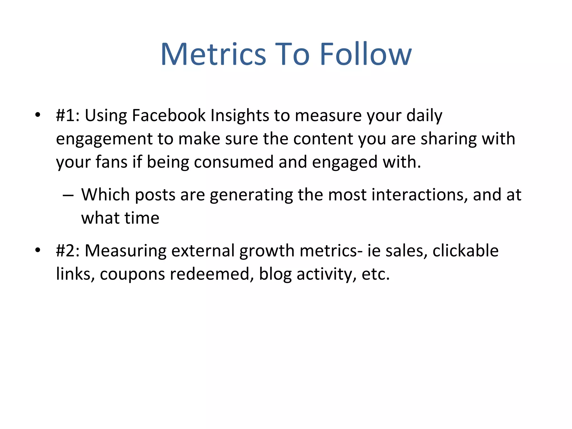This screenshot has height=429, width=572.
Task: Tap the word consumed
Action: click(233, 162)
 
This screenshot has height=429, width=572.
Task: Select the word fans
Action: click(111, 162)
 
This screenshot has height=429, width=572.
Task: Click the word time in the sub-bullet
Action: click(142, 218)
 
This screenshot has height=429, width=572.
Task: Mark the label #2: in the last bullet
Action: click(68, 251)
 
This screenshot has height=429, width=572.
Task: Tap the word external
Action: click(203, 251)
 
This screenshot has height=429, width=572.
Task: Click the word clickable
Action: click(465, 251)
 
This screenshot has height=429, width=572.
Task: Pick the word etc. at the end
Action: click(375, 274)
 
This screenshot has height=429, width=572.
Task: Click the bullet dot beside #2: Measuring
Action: click(38, 250)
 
